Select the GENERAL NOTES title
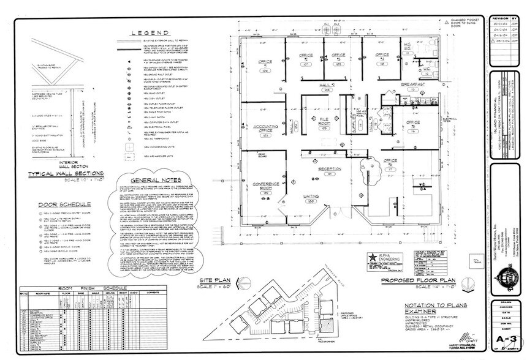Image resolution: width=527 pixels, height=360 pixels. [152, 180]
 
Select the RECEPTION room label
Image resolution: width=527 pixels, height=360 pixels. [329, 168]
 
